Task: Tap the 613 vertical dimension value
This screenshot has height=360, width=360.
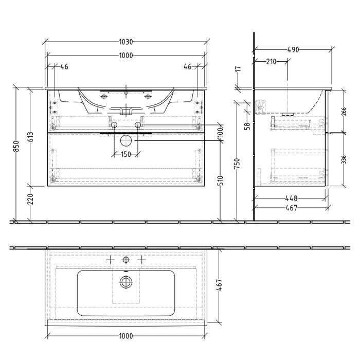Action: tap(30, 137)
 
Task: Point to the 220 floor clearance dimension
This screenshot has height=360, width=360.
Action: tap(30, 199)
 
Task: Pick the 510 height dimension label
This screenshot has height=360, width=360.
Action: tap(221, 179)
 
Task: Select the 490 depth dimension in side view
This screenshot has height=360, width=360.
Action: tap(293, 50)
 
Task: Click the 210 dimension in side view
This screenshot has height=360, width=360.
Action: tap(271, 62)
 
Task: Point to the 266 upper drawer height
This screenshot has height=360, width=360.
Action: tap(344, 112)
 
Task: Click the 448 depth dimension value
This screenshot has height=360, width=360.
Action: tap(291, 198)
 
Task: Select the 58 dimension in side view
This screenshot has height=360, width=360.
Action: tap(247, 126)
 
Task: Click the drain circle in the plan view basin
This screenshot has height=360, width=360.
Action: tap(125, 281)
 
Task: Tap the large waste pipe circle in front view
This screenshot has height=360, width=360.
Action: tap(125, 140)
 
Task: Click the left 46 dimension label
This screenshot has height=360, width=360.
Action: tap(64, 67)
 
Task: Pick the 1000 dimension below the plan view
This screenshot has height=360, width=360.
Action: tap(125, 336)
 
